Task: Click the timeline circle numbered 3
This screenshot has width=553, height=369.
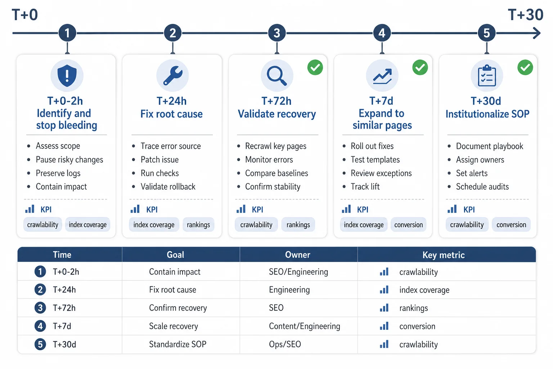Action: [x=277, y=33]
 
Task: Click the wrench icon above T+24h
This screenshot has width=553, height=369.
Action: [x=173, y=76]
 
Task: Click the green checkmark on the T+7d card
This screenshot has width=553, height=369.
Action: [x=420, y=67]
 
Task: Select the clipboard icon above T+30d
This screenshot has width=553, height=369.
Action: [x=487, y=76]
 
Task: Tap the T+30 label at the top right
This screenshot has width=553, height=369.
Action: [x=526, y=14]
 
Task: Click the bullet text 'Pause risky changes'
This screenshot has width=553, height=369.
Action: [x=69, y=160]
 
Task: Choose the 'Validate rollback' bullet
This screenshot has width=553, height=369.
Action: [x=168, y=187]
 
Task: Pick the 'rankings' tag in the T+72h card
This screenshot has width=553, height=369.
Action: [x=298, y=224]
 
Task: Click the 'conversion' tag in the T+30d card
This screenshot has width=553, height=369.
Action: [x=511, y=224]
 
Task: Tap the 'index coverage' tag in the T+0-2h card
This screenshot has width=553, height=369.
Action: [x=87, y=224]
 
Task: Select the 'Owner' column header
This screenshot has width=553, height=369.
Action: [x=297, y=254]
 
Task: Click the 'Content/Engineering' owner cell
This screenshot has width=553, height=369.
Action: [x=304, y=326]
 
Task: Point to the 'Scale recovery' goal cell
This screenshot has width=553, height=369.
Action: [x=174, y=326]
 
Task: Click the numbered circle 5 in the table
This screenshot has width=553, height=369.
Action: [x=40, y=344]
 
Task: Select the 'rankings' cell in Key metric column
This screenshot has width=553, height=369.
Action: [x=414, y=308]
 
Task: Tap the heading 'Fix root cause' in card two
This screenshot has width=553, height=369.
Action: [x=172, y=114]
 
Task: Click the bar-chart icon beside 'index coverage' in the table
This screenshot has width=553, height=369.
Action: [x=384, y=290]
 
